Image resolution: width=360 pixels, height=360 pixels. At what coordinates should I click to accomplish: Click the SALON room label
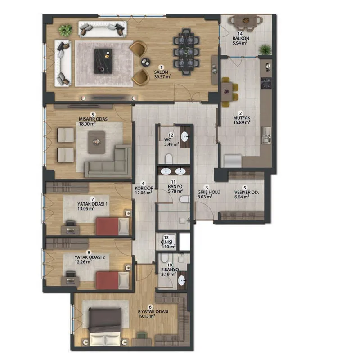coord(161,72)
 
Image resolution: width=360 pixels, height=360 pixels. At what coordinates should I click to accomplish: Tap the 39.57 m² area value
coord(162,76)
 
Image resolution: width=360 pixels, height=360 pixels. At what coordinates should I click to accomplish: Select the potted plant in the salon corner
coord(65,30)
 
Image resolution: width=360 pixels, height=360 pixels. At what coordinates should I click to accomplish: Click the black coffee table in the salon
coord(103,61)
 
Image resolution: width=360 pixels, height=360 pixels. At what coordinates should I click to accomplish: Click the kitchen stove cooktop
coord(266,83)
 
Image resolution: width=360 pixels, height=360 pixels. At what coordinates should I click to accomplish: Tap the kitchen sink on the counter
coord(266,135)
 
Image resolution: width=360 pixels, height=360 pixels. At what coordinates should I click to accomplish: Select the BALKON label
coord(241,38)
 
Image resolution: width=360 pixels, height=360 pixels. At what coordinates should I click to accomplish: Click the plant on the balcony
coord(265,49)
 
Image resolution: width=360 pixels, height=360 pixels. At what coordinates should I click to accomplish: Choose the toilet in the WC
coord(169,158)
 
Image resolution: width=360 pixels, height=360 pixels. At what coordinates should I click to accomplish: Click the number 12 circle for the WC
coord(171,135)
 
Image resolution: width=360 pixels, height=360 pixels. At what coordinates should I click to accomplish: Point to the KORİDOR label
coord(144,188)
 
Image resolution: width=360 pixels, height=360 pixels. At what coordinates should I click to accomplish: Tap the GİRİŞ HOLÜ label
coord(209,192)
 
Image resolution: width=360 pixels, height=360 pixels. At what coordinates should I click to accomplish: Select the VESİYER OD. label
coord(246,193)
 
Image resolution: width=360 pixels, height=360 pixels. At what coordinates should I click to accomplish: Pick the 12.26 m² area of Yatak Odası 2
coord(83,262)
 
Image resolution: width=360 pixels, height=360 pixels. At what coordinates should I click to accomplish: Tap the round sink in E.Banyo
coord(182,280)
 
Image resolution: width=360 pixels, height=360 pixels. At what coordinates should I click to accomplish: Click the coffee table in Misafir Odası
coord(97,142)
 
